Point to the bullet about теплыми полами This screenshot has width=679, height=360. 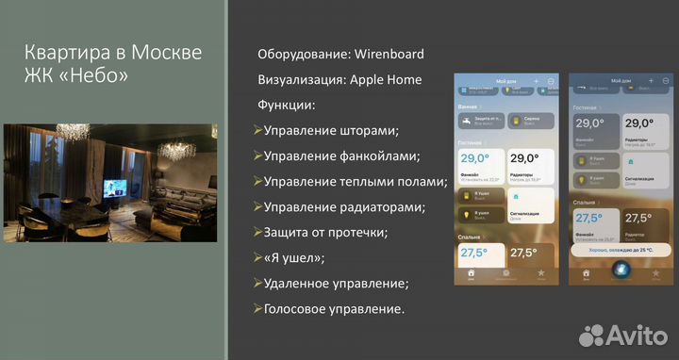pyautogui.click(x=355, y=181)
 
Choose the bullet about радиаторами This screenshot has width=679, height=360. pyautogui.click(x=344, y=206)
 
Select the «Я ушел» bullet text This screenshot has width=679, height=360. pyautogui.click(x=294, y=257)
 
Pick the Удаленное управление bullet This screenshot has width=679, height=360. pyautogui.click(x=336, y=283)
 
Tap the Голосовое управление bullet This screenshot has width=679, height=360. pyautogui.click(x=334, y=308)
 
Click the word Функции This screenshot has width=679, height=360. pyautogui.click(x=287, y=106)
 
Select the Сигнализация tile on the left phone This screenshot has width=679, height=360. pyautogui.click(x=532, y=205)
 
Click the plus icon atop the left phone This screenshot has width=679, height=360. pyautogui.click(x=535, y=83)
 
